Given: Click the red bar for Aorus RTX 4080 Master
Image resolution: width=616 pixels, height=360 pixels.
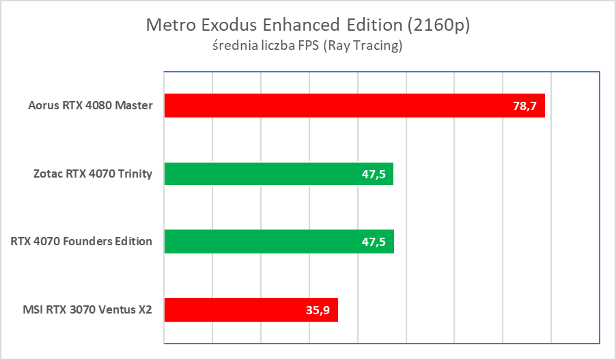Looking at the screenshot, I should (x=354, y=105).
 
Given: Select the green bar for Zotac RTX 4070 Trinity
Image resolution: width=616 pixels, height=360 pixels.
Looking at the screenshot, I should (x=279, y=174).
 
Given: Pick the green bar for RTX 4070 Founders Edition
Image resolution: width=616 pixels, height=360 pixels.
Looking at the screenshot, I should (x=279, y=241).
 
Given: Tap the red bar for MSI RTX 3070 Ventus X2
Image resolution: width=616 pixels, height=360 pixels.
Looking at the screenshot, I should (x=251, y=309).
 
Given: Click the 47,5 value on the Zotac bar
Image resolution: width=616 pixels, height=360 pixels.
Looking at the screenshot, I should (x=374, y=174).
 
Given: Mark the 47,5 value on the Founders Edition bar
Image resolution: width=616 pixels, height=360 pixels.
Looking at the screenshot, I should (x=374, y=242).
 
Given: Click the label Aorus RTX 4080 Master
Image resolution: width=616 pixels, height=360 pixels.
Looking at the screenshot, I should (x=90, y=106).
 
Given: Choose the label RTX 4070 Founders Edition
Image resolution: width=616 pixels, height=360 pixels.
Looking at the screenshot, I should (x=81, y=242).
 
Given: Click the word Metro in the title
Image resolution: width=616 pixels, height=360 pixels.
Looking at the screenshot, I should (x=169, y=25).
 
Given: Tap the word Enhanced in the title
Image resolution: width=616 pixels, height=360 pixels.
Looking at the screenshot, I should (x=298, y=25).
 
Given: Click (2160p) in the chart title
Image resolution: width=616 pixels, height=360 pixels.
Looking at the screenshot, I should (x=438, y=25).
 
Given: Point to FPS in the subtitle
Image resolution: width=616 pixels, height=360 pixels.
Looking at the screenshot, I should (x=311, y=47).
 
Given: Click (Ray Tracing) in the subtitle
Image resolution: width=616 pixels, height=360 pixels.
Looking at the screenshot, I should (x=363, y=47).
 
